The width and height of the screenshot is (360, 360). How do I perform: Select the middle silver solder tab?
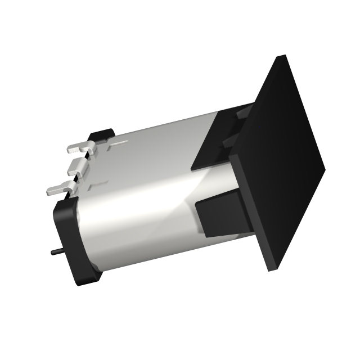coord(77,167)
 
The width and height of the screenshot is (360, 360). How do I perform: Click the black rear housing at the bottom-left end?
coord(76,247)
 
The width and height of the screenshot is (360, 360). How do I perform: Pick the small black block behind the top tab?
coord(102,135)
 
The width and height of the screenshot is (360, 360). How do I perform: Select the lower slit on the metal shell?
coord(100,183)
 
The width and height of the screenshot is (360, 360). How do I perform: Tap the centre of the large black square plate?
coord(281,163)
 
